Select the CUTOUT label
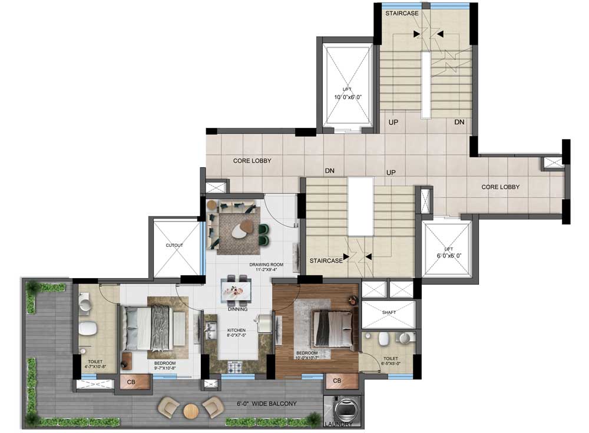pyautogui.click(x=175, y=244)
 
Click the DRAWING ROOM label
pyautogui.click(x=266, y=265)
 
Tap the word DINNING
pyautogui.click(x=238, y=309)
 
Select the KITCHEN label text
pyautogui.click(x=237, y=330)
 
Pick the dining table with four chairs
pyautogui.click(x=238, y=289)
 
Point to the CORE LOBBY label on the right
pyautogui.click(x=501, y=187)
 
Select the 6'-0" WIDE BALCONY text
pyautogui.click(x=266, y=404)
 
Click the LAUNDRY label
pyautogui.click(x=341, y=424)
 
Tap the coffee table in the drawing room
pyautogui.click(x=240, y=230)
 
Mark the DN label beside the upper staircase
pyautogui.click(x=460, y=122)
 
